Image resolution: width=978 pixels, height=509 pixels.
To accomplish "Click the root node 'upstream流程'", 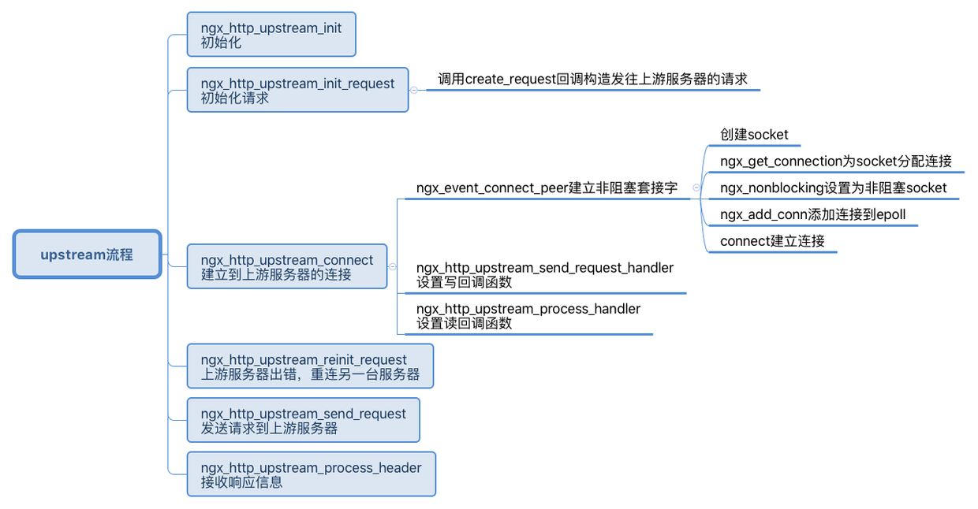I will click(87, 254).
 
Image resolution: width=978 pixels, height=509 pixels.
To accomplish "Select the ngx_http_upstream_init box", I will click(271, 35).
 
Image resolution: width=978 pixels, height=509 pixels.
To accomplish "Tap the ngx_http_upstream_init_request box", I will click(297, 90).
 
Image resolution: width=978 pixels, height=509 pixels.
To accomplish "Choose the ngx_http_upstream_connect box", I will click(287, 267).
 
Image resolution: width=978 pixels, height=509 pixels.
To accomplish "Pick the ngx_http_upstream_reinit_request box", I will click(310, 366).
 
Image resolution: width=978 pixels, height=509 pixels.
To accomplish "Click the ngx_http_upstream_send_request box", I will click(303, 421).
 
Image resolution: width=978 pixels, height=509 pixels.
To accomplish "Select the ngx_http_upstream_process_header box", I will click(311, 474).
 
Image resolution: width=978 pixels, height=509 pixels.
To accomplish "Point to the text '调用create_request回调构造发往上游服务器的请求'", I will click(592, 79).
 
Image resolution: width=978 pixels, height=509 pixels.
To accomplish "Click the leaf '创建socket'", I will click(754, 135).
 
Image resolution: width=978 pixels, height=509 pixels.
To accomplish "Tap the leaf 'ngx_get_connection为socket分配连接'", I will click(836, 162).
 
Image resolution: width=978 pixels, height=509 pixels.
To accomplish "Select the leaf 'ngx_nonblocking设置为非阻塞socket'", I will click(833, 188).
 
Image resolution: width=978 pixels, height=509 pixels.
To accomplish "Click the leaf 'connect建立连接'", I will click(772, 241).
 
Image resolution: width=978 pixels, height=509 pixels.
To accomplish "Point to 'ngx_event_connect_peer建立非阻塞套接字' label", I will click(547, 188).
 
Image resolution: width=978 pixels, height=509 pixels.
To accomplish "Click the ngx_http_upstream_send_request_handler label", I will click(545, 268).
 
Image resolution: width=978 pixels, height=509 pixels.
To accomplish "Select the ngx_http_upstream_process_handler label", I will click(528, 309).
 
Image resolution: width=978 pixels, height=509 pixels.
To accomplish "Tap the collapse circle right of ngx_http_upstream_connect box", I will click(392, 267).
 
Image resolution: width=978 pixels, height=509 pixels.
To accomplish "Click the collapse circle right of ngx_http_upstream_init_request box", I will click(413, 90).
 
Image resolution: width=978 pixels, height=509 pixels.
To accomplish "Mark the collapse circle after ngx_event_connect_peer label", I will click(696, 188).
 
